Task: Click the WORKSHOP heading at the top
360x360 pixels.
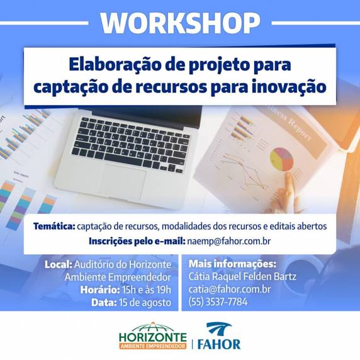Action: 180,23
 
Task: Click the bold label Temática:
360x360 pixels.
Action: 54,226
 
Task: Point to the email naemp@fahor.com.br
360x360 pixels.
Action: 229,241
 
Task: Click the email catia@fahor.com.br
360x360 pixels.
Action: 230,289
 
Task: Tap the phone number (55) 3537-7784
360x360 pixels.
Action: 218,301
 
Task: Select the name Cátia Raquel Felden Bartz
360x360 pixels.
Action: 242,276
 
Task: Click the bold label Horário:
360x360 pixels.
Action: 100,290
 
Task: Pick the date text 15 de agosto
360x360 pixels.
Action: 145,303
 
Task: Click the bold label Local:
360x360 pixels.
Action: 59,264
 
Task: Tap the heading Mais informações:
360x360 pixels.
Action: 232,264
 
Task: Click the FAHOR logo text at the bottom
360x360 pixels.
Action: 219,344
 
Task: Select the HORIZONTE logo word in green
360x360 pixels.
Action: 153,337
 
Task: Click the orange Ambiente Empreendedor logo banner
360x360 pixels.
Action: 153,346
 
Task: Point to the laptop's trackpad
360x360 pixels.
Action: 123,181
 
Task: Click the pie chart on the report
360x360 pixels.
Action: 281,159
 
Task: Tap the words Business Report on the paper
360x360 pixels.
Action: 291,124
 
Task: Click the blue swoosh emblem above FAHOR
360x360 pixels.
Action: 219,329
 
